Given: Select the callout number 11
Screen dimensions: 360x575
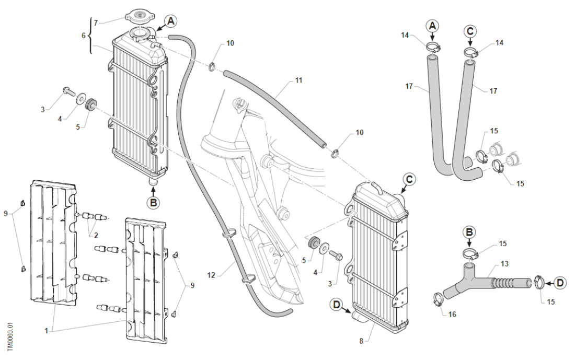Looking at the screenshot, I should coord(299,80).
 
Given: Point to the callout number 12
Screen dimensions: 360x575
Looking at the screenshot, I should coord(211,275).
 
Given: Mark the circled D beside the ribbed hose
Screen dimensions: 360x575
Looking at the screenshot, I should coord(559,283).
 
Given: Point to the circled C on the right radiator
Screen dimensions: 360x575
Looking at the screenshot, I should coord(409,179).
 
